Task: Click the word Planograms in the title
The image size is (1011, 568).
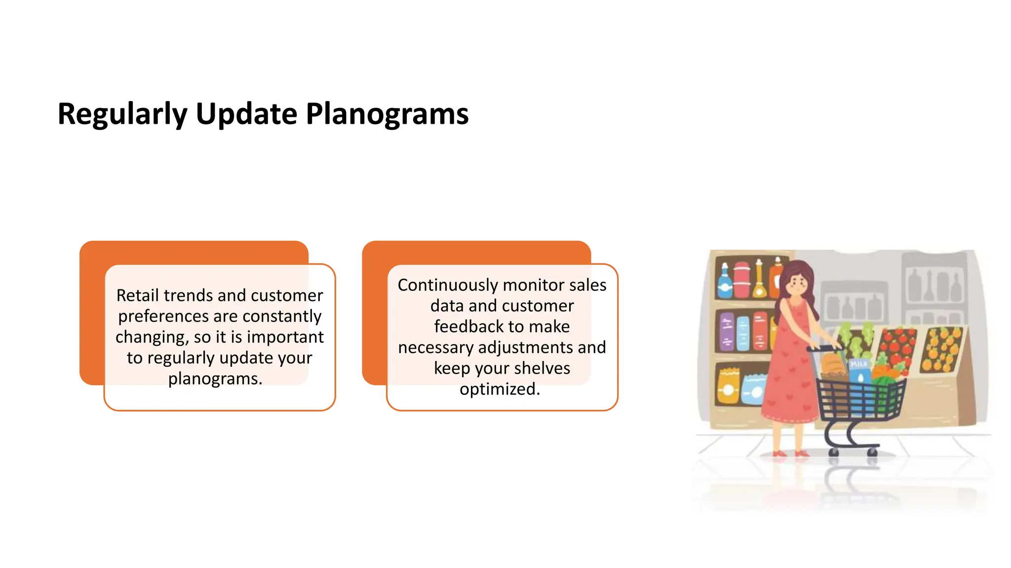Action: click(x=387, y=114)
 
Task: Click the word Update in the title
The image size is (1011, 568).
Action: click(x=245, y=114)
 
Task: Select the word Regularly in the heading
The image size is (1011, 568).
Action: click(x=122, y=114)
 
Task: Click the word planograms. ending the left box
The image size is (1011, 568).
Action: click(x=215, y=379)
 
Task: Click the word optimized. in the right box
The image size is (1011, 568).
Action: click(x=500, y=389)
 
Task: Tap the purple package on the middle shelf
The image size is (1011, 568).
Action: click(x=726, y=331)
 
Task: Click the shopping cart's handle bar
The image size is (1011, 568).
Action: click(x=824, y=348)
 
